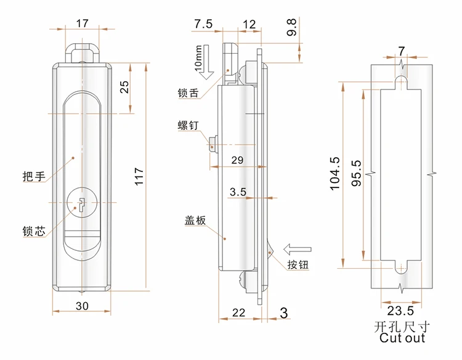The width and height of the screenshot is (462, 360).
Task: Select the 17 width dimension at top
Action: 82,23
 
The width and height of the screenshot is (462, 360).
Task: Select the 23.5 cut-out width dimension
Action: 400,311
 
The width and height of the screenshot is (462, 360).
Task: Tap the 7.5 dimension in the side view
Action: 203,24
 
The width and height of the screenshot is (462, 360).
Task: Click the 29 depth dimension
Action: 237,160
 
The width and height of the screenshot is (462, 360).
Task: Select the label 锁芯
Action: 33,232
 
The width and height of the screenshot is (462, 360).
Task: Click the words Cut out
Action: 402,338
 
